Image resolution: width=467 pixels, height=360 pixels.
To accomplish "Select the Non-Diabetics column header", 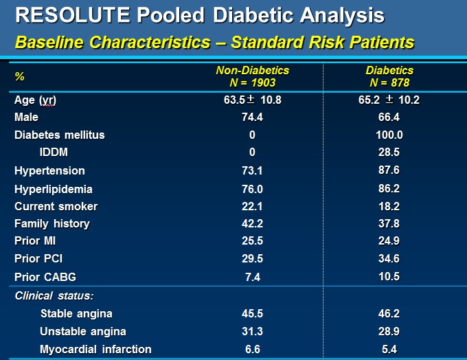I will tap(253, 70).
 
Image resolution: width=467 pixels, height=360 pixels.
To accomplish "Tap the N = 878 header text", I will tap(390, 82).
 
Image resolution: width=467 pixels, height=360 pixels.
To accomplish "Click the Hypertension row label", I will tap(49, 170).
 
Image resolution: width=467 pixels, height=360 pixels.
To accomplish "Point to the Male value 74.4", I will tap(253, 117).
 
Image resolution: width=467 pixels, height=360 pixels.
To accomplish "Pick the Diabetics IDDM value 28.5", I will tap(390, 152).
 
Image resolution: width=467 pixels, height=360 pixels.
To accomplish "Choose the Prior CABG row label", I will tap(45, 277).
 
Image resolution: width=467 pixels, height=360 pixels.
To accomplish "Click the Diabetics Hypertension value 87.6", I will tap(390, 170).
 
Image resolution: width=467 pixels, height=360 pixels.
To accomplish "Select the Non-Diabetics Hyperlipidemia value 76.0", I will tap(253, 189).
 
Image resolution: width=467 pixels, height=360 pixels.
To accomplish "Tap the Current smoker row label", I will tap(56, 206).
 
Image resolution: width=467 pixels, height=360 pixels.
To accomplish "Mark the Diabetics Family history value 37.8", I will tap(390, 223).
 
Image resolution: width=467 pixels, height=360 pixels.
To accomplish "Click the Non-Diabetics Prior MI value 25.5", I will tap(253, 241).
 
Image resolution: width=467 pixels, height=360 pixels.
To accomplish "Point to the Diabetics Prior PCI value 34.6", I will tap(390, 259).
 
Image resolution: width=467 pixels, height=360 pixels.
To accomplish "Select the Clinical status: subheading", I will tap(54, 295).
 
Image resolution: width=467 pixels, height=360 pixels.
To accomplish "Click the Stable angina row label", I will tap(76, 314).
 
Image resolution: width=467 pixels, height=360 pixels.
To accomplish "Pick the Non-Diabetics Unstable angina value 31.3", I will tap(253, 331).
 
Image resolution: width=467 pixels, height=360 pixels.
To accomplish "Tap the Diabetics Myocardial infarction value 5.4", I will tap(390, 349).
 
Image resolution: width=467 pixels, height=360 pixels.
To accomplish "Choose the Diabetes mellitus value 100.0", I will tap(390, 135).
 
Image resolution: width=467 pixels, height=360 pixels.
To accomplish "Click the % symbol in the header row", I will tap(19, 76).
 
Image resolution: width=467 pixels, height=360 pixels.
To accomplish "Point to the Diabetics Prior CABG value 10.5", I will tap(390, 276).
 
